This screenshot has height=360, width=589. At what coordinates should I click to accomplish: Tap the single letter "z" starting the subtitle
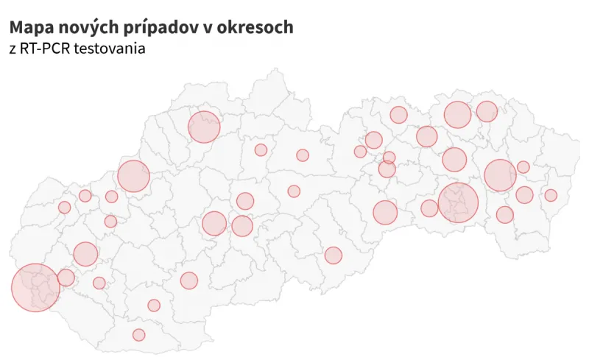pyautogui.click(x=13, y=49)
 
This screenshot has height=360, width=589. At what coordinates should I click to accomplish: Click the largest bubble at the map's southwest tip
pyautogui.click(x=35, y=287)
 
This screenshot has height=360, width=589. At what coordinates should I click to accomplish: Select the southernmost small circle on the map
pyautogui.click(x=139, y=335)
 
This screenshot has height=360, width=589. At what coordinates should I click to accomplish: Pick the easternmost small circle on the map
pyautogui.click(x=551, y=195)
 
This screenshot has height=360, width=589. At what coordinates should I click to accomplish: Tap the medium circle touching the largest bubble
pyautogui.click(x=66, y=278)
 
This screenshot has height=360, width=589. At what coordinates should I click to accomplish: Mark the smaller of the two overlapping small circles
pyautogui.click(x=389, y=158)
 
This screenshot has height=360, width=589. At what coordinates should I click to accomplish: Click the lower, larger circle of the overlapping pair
pyautogui.click(x=387, y=169)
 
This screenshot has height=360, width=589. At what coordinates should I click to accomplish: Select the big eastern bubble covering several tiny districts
pyautogui.click(x=458, y=202)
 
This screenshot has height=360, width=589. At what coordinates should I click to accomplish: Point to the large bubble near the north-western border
pyautogui.click(x=204, y=127)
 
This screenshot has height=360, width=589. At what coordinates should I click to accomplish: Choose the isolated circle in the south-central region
pyautogui.click(x=334, y=255)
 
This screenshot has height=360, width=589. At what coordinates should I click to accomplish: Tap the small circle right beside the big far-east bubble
pyautogui.click(x=523, y=167)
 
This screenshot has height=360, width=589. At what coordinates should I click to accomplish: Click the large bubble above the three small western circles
pyautogui.click(x=133, y=176)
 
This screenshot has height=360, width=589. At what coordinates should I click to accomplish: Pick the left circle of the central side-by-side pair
pyautogui.click(x=214, y=223)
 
